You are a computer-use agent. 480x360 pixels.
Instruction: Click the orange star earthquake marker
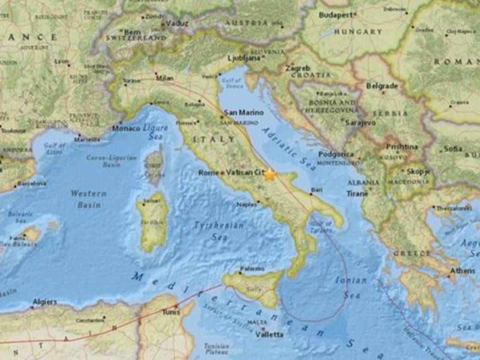pos(270,175)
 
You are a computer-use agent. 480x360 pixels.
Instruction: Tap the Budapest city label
pos(336,15)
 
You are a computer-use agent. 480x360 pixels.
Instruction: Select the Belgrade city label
pos(382,86)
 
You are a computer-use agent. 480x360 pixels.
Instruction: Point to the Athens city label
pos(463,271)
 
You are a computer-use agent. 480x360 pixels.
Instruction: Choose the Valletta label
pos(269,334)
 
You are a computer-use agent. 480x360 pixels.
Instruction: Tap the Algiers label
pos(44,302)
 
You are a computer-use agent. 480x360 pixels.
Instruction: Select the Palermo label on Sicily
pos(252,269)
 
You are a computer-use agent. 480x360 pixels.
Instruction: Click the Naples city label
pos(246,204)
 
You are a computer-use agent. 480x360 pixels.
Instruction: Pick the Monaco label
pos(126,129)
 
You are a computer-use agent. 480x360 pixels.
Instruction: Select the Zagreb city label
pos(297,68)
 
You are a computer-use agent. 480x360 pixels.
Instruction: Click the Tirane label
pos(357,194)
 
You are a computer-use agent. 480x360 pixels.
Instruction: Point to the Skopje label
pos(418,172)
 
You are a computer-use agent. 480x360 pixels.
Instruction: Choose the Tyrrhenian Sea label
pos(219,231)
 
